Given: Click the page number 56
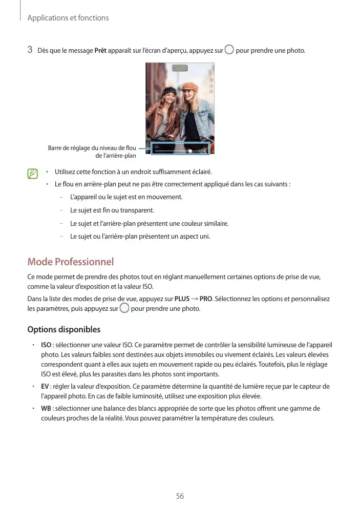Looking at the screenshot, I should point(180,496).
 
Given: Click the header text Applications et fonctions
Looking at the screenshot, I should point(68,18).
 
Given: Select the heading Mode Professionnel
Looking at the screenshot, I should point(70,262).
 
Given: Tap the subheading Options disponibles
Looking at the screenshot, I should point(63,329).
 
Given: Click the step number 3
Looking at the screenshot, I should point(30,50).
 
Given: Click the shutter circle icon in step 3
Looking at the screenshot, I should point(229,50).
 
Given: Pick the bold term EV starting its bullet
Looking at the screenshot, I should point(45,386).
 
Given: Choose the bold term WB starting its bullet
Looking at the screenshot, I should point(46,408).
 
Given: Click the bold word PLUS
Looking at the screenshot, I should point(182,299).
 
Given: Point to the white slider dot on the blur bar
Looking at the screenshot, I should point(190,151).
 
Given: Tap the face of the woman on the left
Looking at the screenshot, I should point(170,96).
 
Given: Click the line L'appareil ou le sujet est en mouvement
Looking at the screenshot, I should point(126,197).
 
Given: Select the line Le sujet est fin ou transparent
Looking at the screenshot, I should point(112,210).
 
